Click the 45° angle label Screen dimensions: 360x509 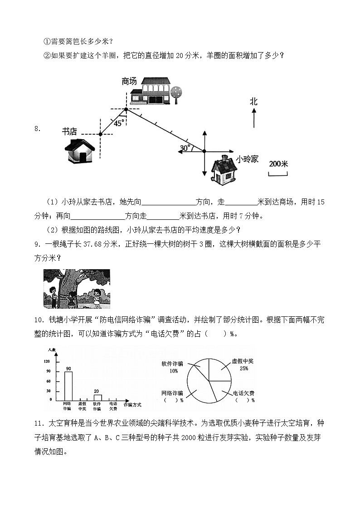pos(118,123)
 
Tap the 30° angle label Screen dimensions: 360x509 pos(185,148)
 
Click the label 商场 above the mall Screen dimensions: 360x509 pos(129,81)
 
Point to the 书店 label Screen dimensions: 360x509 pos(69,132)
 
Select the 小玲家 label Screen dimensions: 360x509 pos(247,159)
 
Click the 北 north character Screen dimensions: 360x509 pos(253,102)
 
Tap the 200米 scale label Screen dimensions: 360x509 pos(278,164)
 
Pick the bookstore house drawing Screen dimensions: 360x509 pos(80,150)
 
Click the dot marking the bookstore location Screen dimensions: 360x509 pos(100,134)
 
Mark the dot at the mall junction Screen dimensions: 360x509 pos(126,109)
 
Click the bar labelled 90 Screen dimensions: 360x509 pos(68,386)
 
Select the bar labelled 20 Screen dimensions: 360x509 pos(97,398)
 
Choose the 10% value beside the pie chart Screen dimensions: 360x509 pos(174,370)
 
